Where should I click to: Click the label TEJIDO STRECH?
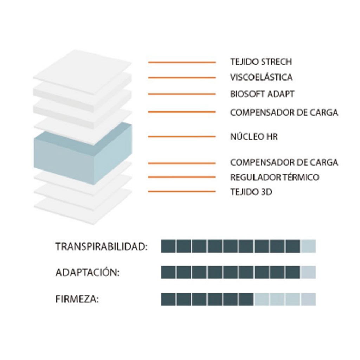pyautogui.click(x=261, y=62)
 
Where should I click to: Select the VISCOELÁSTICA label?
pyautogui.click(x=261, y=77)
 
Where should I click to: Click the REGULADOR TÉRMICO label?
pyautogui.click(x=275, y=177)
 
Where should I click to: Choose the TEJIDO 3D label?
pyautogui.click(x=251, y=192)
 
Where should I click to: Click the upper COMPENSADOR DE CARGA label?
pyautogui.click(x=284, y=112)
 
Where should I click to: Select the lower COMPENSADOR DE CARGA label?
pyautogui.click(x=284, y=162)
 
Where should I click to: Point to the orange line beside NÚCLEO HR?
pyautogui.click(x=181, y=136)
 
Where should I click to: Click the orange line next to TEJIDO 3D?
pyautogui.click(x=181, y=192)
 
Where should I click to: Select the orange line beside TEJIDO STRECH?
pyautogui.click(x=181, y=62)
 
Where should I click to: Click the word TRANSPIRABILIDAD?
pyautogui.click(x=101, y=247)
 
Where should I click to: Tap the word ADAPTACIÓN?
pyautogui.click(x=87, y=273)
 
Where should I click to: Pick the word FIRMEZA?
pyautogui.click(x=77, y=300)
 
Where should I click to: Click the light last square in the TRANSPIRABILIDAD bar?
pyautogui.click(x=308, y=246)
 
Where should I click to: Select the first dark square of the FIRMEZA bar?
pyautogui.click(x=168, y=299)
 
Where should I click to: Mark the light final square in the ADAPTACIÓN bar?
pyautogui.click(x=308, y=272)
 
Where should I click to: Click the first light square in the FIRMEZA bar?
pyautogui.click(x=262, y=299)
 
